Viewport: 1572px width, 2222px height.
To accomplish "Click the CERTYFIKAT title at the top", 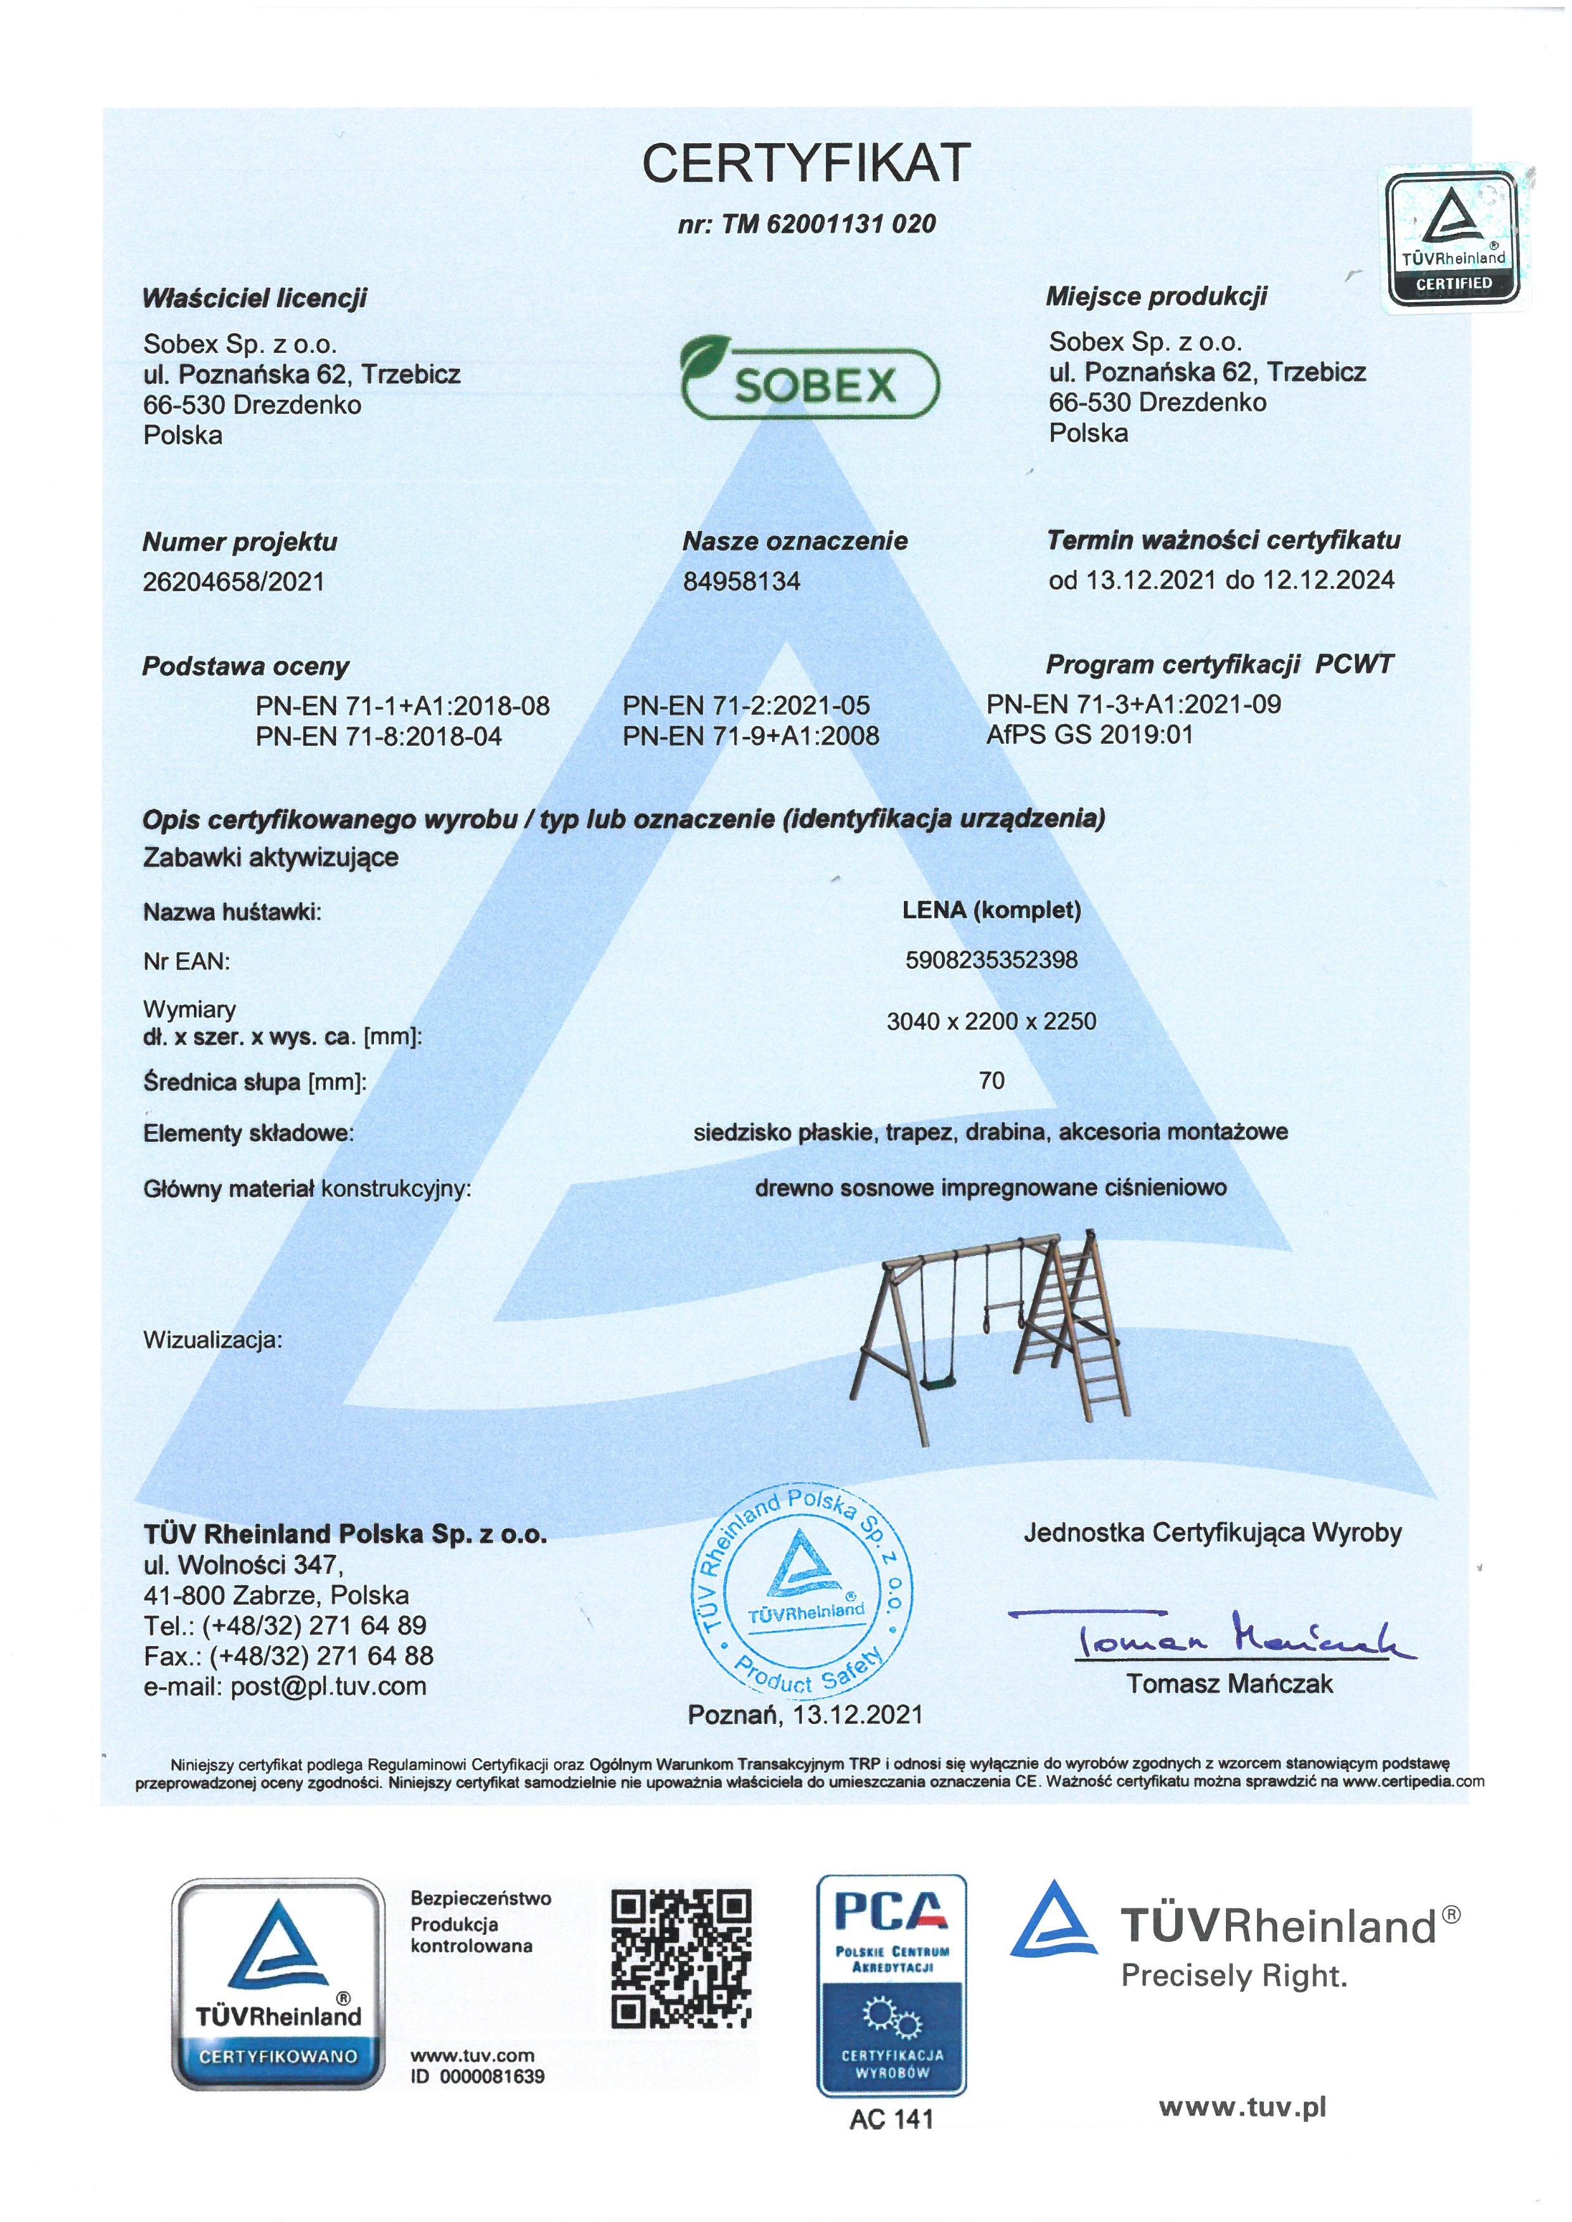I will tap(806, 163).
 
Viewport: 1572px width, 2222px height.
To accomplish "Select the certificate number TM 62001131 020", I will tap(806, 224).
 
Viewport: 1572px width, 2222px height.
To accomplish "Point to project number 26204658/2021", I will tap(233, 582).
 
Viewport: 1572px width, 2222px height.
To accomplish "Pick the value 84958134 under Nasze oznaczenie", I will tap(742, 582).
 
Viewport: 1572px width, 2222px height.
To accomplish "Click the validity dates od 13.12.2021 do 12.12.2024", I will tap(1221, 580).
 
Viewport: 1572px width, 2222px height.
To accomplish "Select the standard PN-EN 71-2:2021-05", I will tap(745, 706).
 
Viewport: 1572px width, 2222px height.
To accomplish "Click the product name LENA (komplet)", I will tap(991, 910).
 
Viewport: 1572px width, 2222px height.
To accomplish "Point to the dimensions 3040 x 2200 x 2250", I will tap(991, 1021).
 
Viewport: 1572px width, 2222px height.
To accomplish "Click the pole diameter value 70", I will tap(991, 1080).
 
